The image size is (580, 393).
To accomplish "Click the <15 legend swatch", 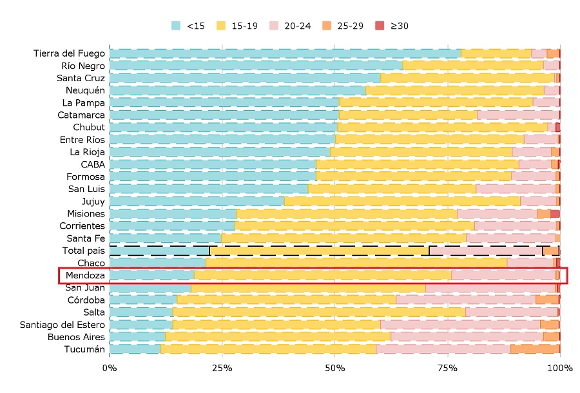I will click(x=176, y=26).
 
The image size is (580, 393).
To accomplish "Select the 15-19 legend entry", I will click(x=238, y=26).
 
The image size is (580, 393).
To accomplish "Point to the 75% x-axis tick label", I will click(x=447, y=368).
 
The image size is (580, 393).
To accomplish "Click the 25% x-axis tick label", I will click(x=222, y=368).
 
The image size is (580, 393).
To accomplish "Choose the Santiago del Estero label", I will click(x=63, y=325).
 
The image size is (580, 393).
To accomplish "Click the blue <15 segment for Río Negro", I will click(x=256, y=66).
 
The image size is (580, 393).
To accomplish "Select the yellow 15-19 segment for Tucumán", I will click(x=268, y=349).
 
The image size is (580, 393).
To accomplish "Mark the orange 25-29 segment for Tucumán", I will click(x=535, y=349).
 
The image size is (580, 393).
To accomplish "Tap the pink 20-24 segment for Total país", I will click(x=485, y=251).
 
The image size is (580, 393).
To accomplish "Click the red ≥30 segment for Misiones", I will click(x=555, y=214).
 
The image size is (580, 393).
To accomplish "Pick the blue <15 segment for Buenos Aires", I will click(x=137, y=337).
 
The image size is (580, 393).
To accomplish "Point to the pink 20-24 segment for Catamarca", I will click(x=518, y=115).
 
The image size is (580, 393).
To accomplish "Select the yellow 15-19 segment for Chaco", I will click(x=356, y=263).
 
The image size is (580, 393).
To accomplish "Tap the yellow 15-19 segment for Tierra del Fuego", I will click(x=496, y=53).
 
